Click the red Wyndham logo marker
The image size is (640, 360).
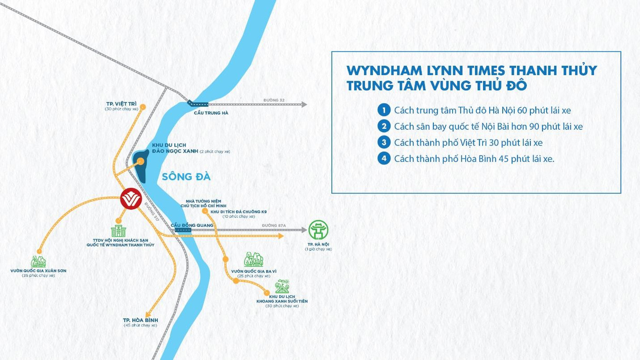131,199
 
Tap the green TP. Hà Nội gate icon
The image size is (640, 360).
318,230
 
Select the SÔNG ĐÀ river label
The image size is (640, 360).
186,177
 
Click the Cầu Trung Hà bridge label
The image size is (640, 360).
211,113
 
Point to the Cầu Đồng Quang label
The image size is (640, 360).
192,225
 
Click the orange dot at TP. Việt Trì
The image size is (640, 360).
143,107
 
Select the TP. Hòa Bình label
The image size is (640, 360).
140,320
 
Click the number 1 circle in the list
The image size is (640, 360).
384,110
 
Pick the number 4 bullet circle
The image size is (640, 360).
384,159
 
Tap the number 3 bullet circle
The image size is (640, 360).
384,142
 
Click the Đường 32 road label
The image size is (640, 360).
274,100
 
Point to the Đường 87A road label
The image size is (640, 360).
274,225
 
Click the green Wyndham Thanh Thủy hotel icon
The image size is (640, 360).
118,232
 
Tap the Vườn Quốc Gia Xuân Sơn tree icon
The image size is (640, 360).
38,261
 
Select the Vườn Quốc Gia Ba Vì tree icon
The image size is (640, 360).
254,260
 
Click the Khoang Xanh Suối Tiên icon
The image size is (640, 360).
282,286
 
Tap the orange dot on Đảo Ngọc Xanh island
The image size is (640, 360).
140,161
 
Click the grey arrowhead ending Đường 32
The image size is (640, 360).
304,105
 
